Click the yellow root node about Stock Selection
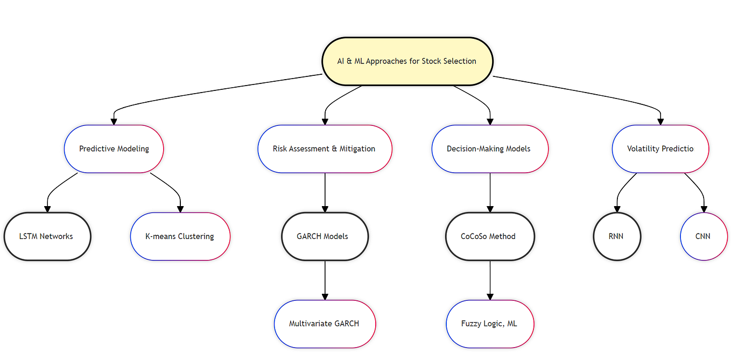[407, 61]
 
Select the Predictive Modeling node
[114, 149]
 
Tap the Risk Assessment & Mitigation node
[324, 149]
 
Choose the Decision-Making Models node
[489, 149]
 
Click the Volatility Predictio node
[660, 149]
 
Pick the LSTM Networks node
[46, 236]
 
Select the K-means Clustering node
[180, 236]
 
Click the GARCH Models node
[325, 236]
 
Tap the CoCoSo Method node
[489, 236]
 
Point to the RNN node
[616, 236]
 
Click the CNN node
[704, 236]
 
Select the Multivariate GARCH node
[324, 324]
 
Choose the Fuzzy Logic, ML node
[489, 324]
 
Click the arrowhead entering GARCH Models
[325, 209]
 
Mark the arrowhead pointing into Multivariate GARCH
[325, 297]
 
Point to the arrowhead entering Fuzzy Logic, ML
[490, 297]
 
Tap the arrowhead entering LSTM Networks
[47, 209]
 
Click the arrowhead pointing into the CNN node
[704, 209]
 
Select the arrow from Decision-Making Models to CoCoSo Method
[490, 191]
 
